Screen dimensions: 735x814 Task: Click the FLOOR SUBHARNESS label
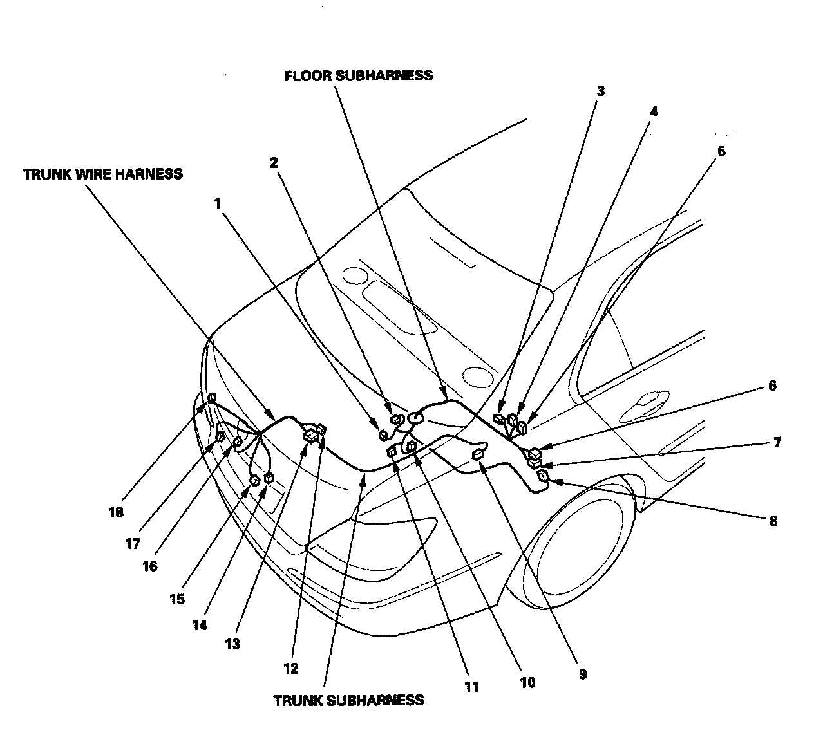tap(359, 75)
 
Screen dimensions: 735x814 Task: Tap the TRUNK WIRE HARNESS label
tap(102, 174)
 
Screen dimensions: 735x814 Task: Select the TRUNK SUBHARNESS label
tap(348, 700)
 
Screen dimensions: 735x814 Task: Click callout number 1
tap(218, 203)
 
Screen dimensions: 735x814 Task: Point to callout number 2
tap(274, 162)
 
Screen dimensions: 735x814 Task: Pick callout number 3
tap(600, 91)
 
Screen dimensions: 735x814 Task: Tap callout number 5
tap(721, 152)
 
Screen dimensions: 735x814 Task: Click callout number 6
tap(772, 386)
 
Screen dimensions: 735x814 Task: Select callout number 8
tap(773, 521)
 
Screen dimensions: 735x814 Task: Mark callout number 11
tap(471, 687)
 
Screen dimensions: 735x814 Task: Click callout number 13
tap(232, 644)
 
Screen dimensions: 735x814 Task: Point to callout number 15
tap(177, 599)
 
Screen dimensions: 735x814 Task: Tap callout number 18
tap(116, 512)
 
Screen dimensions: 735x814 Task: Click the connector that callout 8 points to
tap(544, 476)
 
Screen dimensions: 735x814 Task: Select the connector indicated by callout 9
tap(478, 455)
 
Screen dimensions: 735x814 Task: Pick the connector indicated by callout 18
tap(211, 398)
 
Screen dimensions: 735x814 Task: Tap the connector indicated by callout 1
tap(383, 435)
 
